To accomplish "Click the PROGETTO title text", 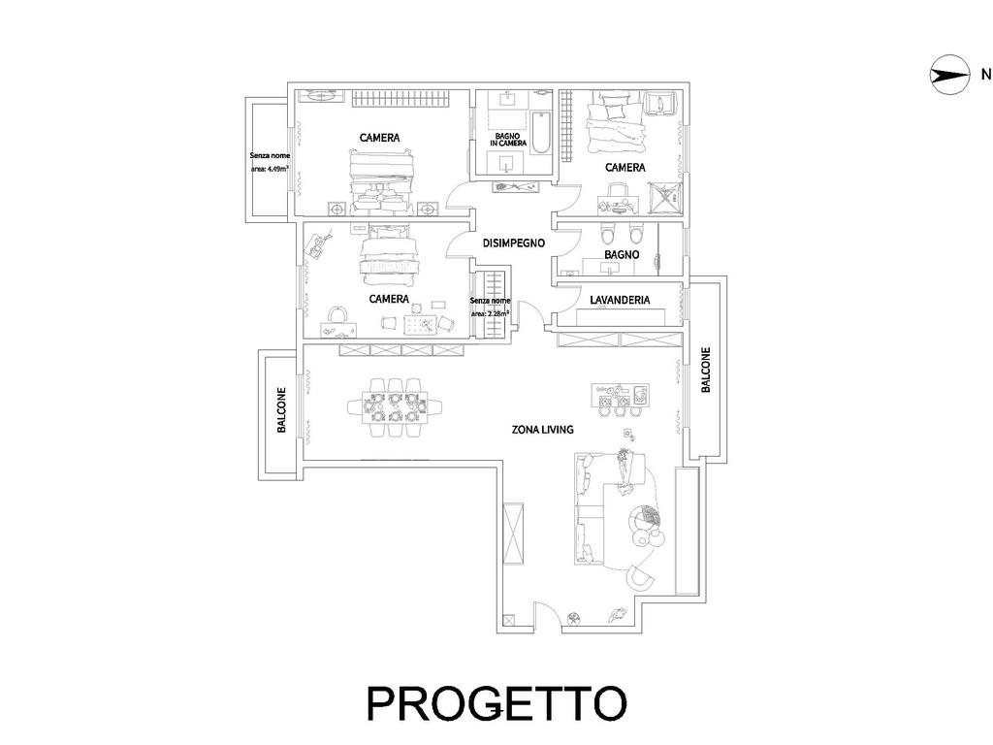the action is tap(496, 703).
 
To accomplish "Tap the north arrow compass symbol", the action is tap(949, 76).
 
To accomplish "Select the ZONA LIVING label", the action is tap(543, 430).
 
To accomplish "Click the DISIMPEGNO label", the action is tap(514, 243).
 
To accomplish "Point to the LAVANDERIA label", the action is tap(620, 300).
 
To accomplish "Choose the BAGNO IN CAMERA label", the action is tap(508, 140).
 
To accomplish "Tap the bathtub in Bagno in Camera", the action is tap(540, 134).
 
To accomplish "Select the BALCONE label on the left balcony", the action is tap(282, 410).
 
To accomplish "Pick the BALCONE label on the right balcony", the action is tap(706, 370).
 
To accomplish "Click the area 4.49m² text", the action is tap(270, 169).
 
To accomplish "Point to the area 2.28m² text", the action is tap(490, 313).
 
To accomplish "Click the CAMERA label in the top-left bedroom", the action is tap(380, 138).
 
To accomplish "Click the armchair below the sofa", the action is tap(640, 578).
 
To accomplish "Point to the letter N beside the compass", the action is tap(986, 75).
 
